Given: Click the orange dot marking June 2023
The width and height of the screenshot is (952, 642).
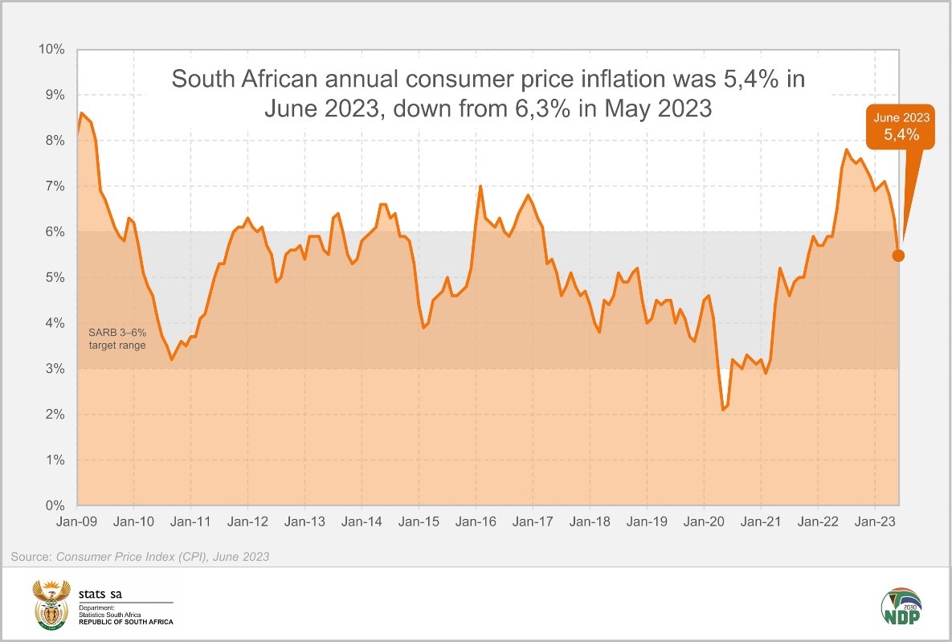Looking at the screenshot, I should [898, 256].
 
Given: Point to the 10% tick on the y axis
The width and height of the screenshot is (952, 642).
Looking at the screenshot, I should [52, 50].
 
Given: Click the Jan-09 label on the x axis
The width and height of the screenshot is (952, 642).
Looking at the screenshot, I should [77, 521].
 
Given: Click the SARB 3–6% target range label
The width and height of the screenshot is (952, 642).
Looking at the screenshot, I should [116, 337].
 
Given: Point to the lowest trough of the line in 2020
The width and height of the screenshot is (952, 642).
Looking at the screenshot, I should [724, 410].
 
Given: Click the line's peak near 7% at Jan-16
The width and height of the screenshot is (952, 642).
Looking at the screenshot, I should [480, 186].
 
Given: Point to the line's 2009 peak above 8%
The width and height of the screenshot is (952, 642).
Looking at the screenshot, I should [82, 113].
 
